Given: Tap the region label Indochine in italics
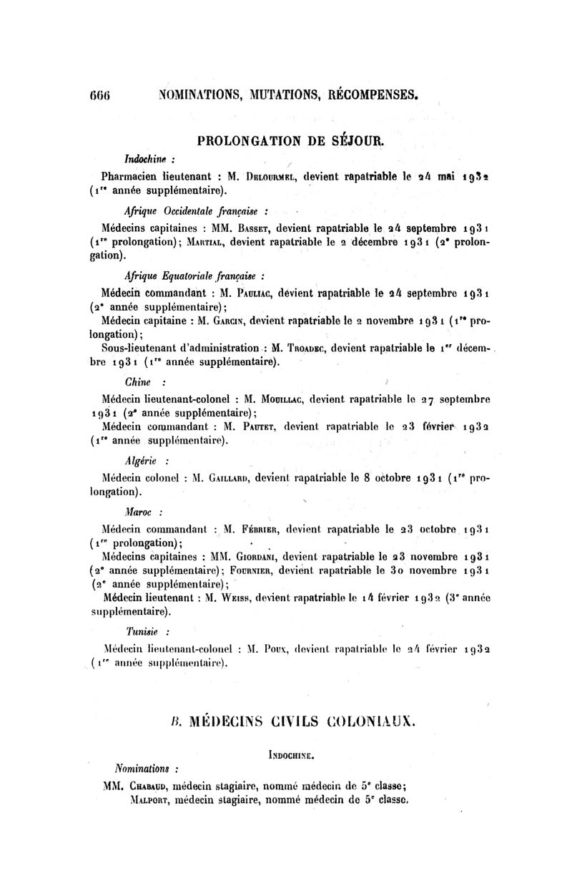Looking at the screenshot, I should click(144, 157).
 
